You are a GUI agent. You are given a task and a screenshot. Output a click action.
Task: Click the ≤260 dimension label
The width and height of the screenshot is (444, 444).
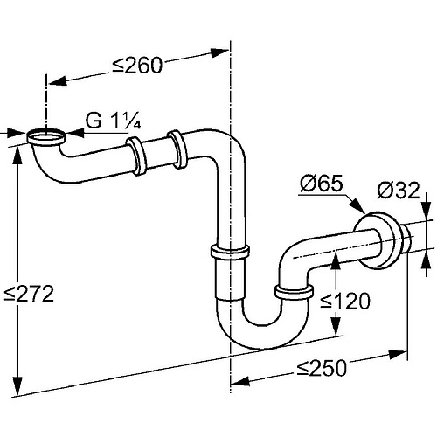pyautogui.click(x=137, y=66)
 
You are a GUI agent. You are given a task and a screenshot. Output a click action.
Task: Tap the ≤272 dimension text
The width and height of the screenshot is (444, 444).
pyautogui.click(x=29, y=294)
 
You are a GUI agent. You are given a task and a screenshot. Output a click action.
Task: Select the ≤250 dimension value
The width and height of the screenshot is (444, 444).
pyautogui.click(x=322, y=368)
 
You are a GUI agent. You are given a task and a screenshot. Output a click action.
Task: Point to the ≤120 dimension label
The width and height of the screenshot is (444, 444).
pyautogui.click(x=345, y=302)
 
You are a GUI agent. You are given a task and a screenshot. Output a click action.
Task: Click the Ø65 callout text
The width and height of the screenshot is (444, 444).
pyautogui.click(x=322, y=184)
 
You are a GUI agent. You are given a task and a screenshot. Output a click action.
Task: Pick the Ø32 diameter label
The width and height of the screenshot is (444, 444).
pyautogui.click(x=399, y=191)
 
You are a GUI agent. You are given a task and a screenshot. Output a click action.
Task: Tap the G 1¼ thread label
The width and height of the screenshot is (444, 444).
pyautogui.click(x=114, y=121)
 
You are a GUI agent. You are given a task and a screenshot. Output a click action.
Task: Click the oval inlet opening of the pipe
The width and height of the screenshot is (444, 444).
pyautogui.click(x=46, y=136)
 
